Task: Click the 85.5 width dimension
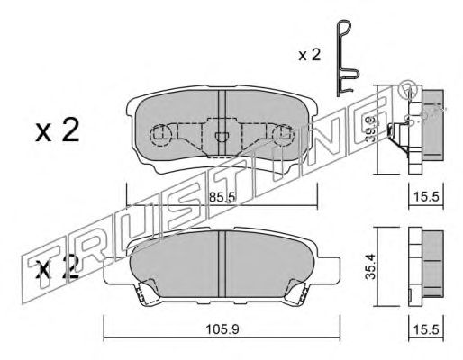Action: (x=222, y=197)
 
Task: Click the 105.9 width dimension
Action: (x=222, y=329)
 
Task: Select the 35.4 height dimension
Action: (x=370, y=266)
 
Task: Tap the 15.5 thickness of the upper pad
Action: (x=426, y=197)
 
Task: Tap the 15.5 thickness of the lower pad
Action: (x=426, y=329)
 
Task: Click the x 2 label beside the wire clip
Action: (x=310, y=55)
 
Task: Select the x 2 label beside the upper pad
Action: (x=57, y=130)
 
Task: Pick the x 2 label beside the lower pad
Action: (x=57, y=268)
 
